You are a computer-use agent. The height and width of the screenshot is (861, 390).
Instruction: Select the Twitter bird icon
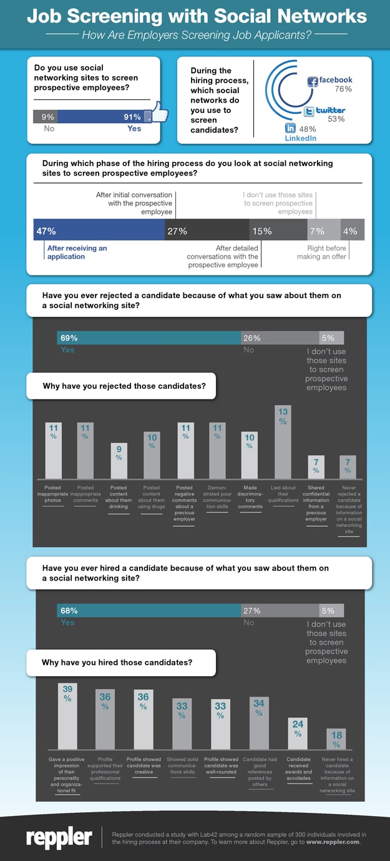(x=308, y=112)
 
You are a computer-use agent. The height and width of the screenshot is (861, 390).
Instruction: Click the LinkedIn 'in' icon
(x=290, y=127)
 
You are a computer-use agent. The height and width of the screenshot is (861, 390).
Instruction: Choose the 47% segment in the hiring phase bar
(x=99, y=231)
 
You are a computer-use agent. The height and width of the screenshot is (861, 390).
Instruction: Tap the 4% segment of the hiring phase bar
(x=353, y=231)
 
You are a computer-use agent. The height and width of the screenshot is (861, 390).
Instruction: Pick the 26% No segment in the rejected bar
(x=280, y=338)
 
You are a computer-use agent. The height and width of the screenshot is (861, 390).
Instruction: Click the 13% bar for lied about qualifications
(x=283, y=442)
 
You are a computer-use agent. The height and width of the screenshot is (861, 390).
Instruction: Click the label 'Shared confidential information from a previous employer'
(x=316, y=502)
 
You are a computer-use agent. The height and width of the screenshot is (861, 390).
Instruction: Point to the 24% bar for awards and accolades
(x=298, y=734)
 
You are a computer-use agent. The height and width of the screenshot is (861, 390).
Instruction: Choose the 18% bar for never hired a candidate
(x=336, y=739)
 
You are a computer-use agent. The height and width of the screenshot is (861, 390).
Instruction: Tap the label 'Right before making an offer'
(x=327, y=252)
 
